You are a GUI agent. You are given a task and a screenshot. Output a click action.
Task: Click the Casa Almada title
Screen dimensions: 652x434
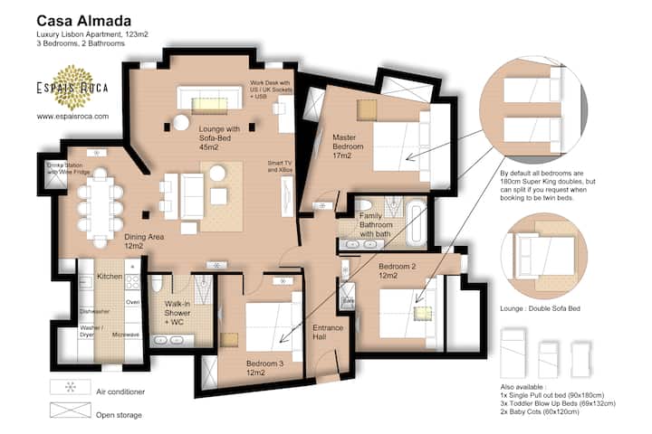pyautogui.click(x=84, y=21)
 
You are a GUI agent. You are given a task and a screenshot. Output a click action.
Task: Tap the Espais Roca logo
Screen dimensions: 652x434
pyautogui.click(x=72, y=87)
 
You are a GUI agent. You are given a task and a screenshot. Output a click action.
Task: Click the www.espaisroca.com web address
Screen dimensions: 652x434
pyautogui.click(x=72, y=117)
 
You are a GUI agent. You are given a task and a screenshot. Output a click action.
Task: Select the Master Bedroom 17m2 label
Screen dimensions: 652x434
pyautogui.click(x=348, y=146)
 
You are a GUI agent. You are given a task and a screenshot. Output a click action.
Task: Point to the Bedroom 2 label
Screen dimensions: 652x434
pyautogui.click(x=398, y=266)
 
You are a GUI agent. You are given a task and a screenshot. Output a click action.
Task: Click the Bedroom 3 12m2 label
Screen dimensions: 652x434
pyautogui.click(x=264, y=368)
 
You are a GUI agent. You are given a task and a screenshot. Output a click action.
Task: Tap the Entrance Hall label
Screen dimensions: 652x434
pyautogui.click(x=328, y=332)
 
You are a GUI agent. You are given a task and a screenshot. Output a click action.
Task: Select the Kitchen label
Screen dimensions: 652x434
pyautogui.click(x=110, y=276)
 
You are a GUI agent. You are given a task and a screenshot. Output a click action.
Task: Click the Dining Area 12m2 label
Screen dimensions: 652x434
pyautogui.click(x=144, y=241)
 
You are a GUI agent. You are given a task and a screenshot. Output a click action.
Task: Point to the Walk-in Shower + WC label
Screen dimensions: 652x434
pyautogui.click(x=177, y=313)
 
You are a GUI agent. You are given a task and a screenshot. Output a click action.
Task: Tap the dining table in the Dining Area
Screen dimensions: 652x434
pyautogui.click(x=101, y=208)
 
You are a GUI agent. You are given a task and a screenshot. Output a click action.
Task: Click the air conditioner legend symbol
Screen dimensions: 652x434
pyautogui.click(x=71, y=387)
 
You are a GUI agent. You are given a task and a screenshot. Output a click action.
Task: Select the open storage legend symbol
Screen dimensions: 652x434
pyautogui.click(x=71, y=410)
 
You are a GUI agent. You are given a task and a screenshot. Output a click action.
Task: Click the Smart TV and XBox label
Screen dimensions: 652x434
pyautogui.click(x=280, y=166)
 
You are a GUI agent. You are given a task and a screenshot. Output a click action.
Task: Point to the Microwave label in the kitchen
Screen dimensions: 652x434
pyautogui.click(x=126, y=335)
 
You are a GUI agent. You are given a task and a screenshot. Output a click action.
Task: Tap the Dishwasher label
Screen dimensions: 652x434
pyautogui.click(x=95, y=311)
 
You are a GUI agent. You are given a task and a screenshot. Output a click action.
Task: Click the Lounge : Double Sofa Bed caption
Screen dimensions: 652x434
pyautogui.click(x=540, y=308)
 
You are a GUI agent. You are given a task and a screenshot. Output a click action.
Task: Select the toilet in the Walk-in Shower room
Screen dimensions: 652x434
pyautogui.click(x=157, y=285)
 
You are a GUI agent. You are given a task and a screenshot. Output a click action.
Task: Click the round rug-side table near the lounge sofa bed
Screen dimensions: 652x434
pyautogui.click(x=181, y=123)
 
